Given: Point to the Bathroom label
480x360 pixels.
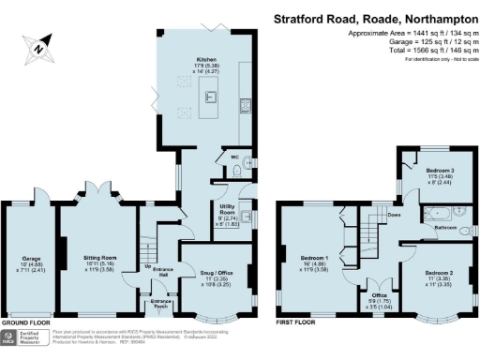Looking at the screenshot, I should [444, 228].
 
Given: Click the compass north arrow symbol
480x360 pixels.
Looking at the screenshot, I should [37, 45].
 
